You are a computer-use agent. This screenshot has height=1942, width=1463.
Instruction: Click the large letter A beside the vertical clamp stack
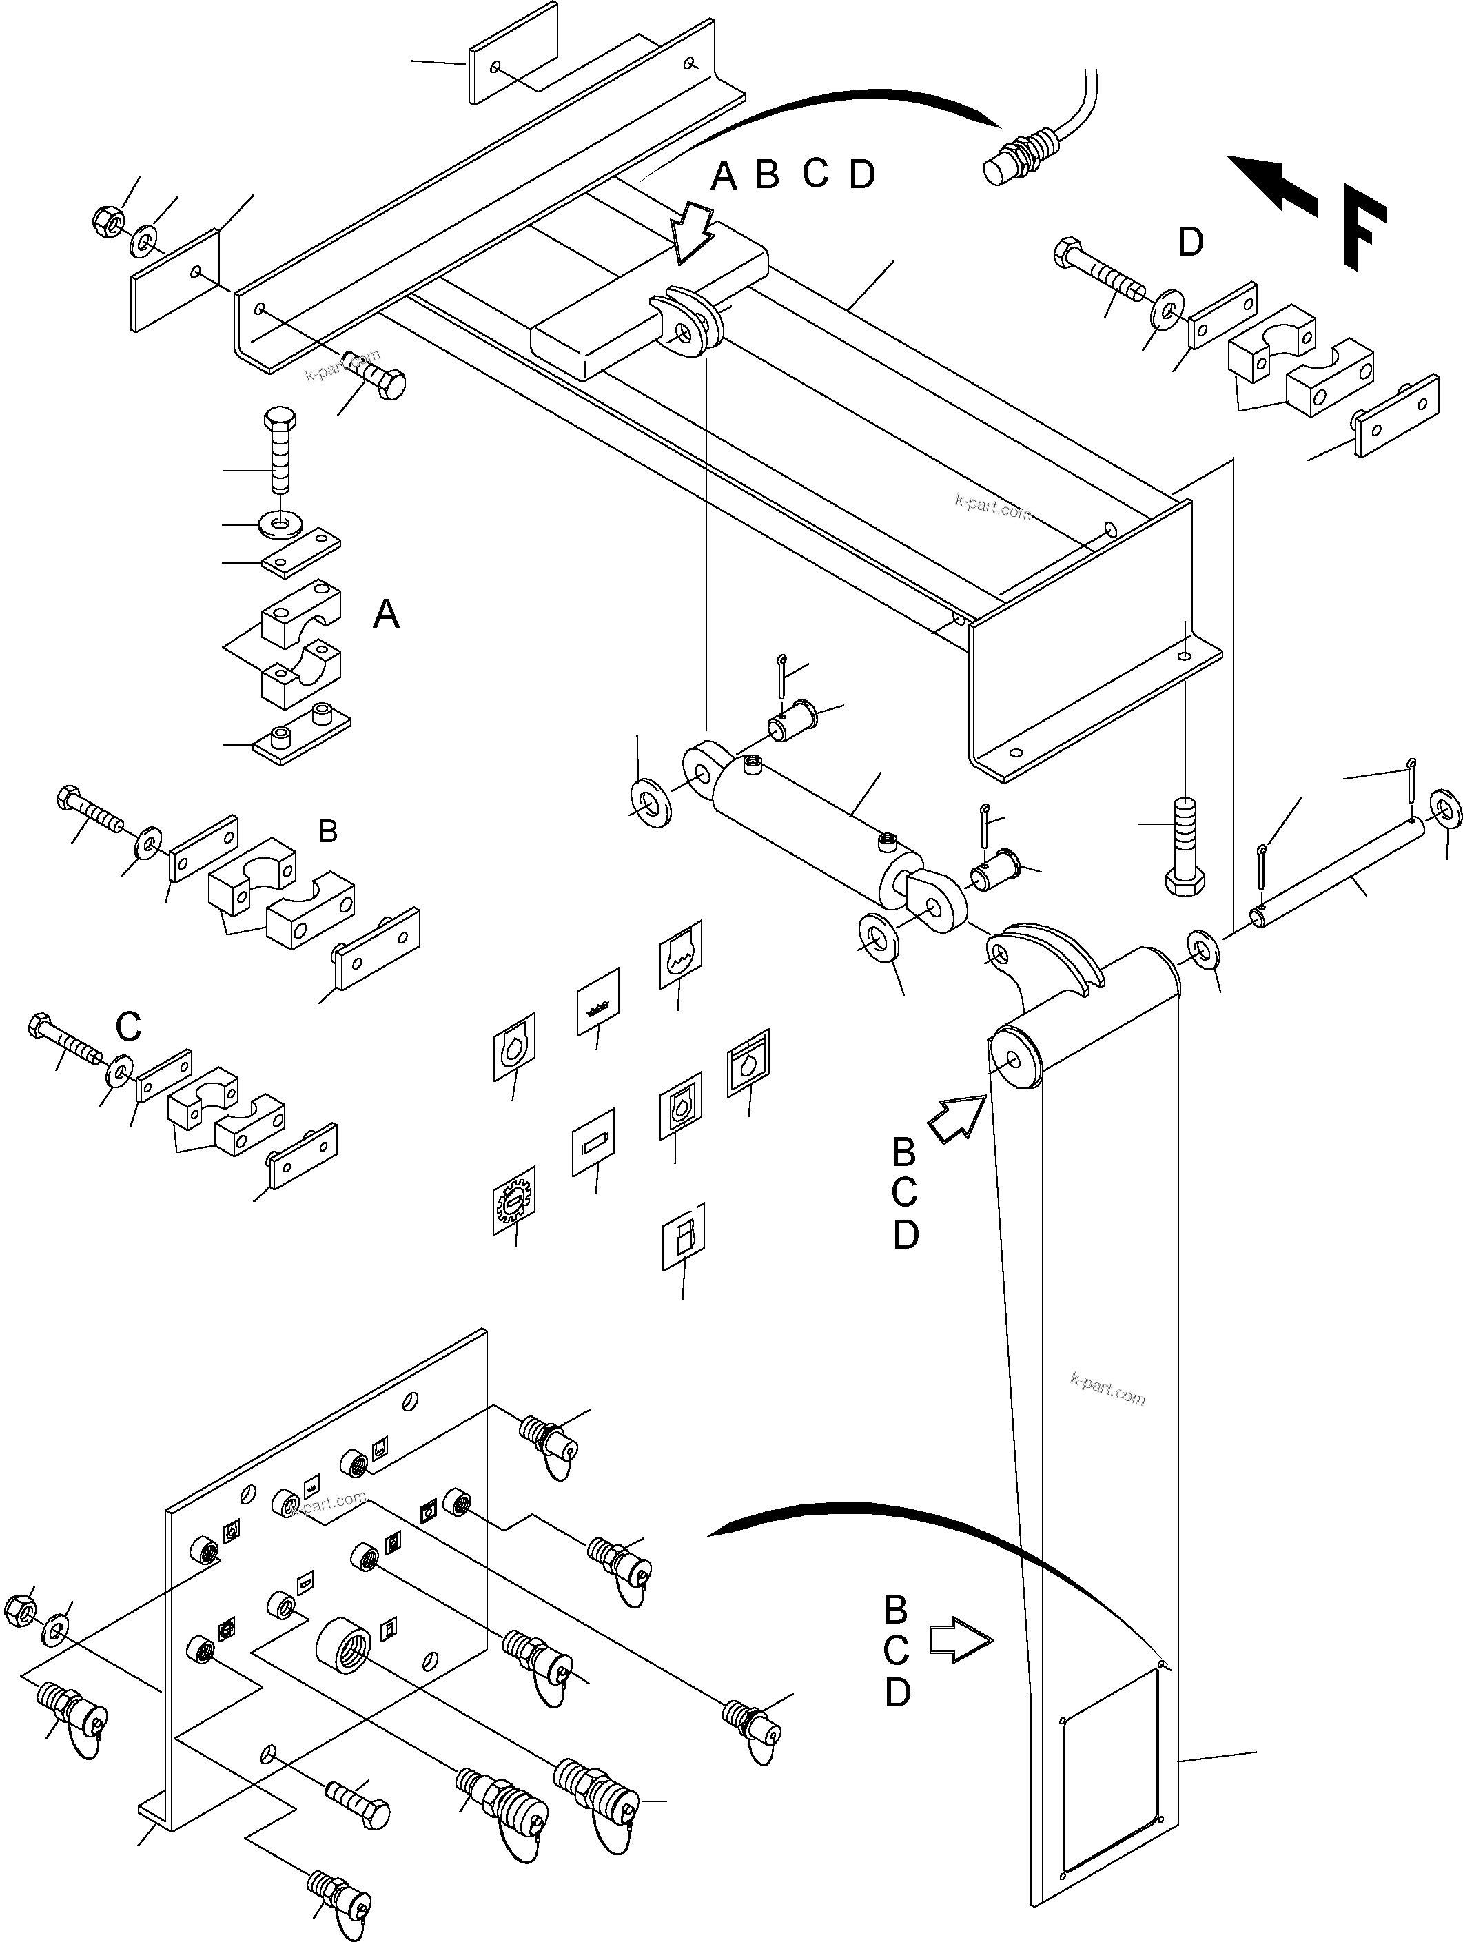[x=387, y=615]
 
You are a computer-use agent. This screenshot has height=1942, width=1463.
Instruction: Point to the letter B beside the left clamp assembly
[x=327, y=830]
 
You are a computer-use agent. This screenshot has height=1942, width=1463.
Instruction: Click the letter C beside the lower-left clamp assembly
[x=128, y=1025]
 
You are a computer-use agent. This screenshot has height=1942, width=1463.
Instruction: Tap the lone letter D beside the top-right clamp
[x=1190, y=243]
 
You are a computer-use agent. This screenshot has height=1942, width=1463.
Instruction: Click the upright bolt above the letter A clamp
[x=279, y=449]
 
